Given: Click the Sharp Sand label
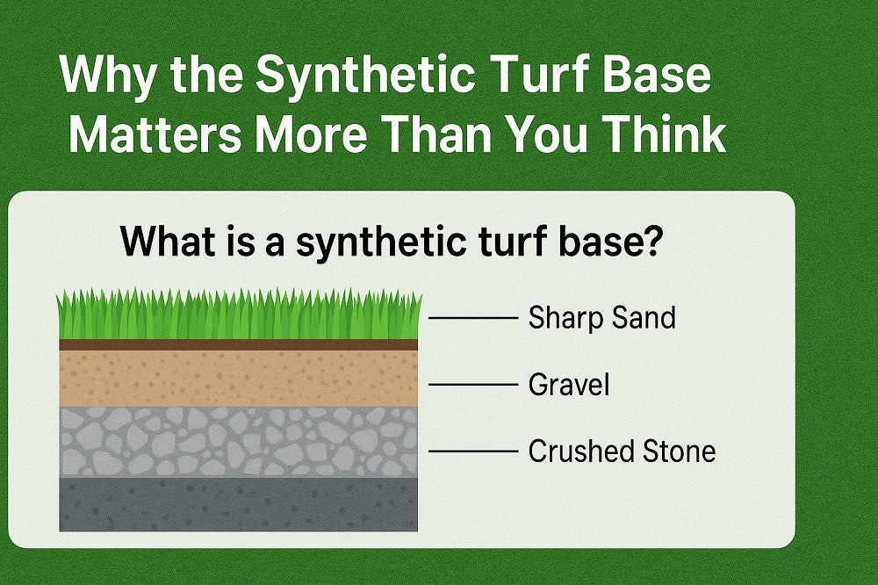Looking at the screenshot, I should [601, 317].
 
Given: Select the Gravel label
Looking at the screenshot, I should [568, 385].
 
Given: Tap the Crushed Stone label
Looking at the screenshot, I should [622, 451].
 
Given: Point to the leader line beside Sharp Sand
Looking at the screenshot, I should [472, 317].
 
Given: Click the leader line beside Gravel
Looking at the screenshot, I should [472, 385].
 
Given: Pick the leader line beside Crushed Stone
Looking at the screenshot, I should [472, 451].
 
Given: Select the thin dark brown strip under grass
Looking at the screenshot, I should [238, 345].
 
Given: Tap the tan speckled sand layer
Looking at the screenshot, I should [238, 378].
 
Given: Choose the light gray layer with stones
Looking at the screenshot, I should [238, 441].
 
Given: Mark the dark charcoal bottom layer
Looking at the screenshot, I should [238, 504].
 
